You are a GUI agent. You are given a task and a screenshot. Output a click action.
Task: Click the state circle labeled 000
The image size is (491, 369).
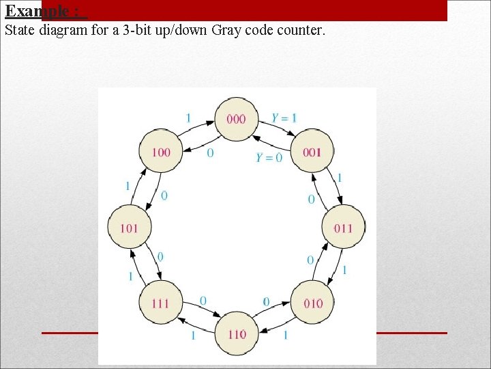pyautogui.click(x=236, y=119)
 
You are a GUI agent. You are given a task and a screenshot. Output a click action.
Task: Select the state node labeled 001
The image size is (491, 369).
pyautogui.click(x=312, y=152)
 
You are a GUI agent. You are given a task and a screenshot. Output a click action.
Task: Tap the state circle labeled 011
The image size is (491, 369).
pyautogui.click(x=343, y=227)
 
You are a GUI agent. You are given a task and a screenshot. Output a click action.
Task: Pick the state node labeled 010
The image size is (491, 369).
pyautogui.click(x=312, y=303)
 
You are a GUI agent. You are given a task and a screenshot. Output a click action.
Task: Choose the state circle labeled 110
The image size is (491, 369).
pyautogui.click(x=236, y=333)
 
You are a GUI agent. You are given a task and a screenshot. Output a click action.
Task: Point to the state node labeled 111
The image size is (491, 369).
pyautogui.click(x=160, y=303)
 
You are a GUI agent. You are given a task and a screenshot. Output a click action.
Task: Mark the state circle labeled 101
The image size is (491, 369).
pyautogui.click(x=129, y=227)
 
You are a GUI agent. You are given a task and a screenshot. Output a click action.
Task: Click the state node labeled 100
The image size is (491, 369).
pyautogui.click(x=160, y=152)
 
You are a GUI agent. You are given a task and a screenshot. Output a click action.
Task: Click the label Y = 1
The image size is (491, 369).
pyautogui.click(x=284, y=118)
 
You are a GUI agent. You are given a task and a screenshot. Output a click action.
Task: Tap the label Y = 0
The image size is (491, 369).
pyautogui.click(x=269, y=157)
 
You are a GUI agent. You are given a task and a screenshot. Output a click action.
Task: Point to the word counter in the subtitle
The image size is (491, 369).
pyautogui.click(x=299, y=31)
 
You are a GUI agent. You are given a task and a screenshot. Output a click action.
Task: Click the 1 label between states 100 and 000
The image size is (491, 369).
pyautogui.click(x=188, y=118)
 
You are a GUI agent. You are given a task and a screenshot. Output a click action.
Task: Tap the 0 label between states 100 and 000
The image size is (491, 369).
pyautogui.click(x=210, y=153)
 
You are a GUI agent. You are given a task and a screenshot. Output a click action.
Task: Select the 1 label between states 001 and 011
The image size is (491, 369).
pyautogui.click(x=340, y=178)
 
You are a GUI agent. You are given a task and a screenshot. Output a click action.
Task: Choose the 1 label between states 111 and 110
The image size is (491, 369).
pyautogui.click(x=193, y=336)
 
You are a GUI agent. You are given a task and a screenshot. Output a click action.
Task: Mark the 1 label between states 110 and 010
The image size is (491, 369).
pyautogui.click(x=285, y=335)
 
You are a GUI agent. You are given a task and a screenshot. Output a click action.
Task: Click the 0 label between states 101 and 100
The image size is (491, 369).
pyautogui.click(x=164, y=196)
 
